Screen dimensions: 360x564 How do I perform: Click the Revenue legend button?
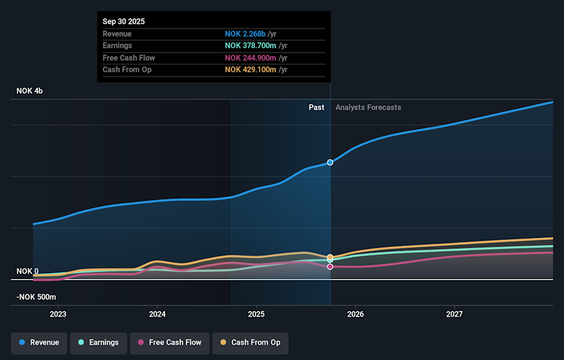pyautogui.click(x=39, y=342)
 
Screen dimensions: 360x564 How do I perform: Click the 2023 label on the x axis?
pyautogui.click(x=58, y=314)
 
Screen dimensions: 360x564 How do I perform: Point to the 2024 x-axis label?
pyautogui.click(x=157, y=314)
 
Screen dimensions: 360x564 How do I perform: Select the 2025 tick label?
pyautogui.click(x=256, y=314)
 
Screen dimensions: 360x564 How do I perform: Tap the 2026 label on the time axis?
pyautogui.click(x=355, y=314)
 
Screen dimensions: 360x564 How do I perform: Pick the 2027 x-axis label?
pyautogui.click(x=454, y=314)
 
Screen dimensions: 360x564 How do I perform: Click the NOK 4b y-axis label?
pyautogui.click(x=30, y=91)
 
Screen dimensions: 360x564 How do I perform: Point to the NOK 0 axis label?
pyautogui.click(x=28, y=271)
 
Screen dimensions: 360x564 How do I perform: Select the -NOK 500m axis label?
pyautogui.click(x=36, y=297)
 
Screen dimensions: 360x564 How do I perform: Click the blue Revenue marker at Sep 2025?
pyautogui.click(x=330, y=162)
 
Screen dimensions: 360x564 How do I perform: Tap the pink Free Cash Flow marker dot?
pyautogui.click(x=330, y=267)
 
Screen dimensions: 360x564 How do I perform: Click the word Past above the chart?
pyautogui.click(x=316, y=107)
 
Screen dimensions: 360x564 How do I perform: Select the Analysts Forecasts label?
pyautogui.click(x=368, y=107)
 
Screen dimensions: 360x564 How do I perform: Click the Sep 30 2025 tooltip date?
pyautogui.click(x=123, y=22)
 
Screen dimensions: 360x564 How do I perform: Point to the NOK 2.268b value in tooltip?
pyautogui.click(x=245, y=34)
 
